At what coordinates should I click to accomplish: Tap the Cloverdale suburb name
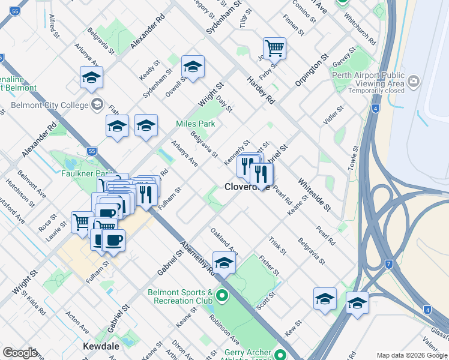tap(247, 187)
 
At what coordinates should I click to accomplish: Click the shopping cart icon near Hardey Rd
tap(274, 48)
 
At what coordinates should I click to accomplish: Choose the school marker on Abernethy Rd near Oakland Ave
tap(224, 263)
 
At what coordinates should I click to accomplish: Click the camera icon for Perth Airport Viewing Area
tap(413, 81)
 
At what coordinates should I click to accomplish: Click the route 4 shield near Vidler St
tap(375, 109)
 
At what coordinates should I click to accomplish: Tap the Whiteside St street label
tap(314, 194)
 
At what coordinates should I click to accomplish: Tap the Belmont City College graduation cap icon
tap(96, 105)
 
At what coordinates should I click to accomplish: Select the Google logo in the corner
tap(20, 353)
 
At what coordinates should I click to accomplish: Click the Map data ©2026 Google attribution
tap(412, 355)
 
